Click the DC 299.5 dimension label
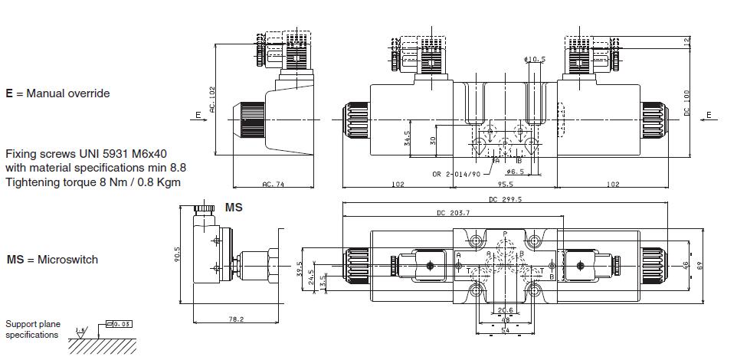[505, 199]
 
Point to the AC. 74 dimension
[273, 184]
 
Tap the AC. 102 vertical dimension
[213, 100]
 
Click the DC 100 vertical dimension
[687, 103]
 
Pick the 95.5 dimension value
[505, 184]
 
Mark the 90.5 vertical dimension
[177, 254]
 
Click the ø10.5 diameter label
[534, 59]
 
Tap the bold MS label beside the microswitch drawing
[234, 207]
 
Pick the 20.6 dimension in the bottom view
[504, 310]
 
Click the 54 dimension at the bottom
[505, 329]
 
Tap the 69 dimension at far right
[700, 264]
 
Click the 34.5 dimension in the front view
[407, 139]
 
